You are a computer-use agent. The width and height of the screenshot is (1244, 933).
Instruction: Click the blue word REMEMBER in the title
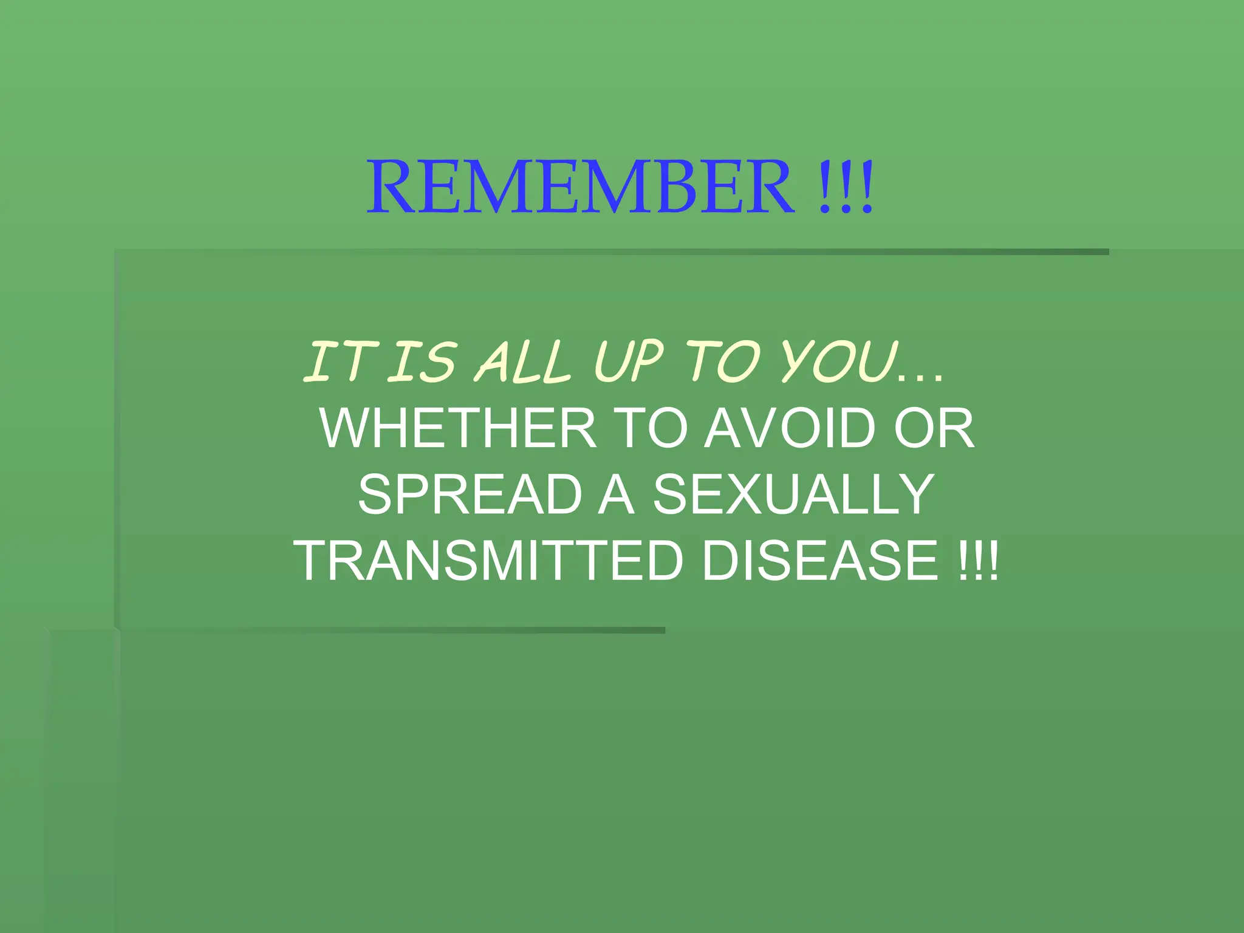pos(580,186)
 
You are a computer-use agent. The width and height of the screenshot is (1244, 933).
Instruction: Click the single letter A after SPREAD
pos(616,494)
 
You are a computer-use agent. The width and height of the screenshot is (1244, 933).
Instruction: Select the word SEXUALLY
pos(793,494)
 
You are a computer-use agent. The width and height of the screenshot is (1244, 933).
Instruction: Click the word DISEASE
pos(820,561)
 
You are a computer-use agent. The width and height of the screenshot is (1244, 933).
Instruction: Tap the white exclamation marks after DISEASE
pos(977,561)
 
